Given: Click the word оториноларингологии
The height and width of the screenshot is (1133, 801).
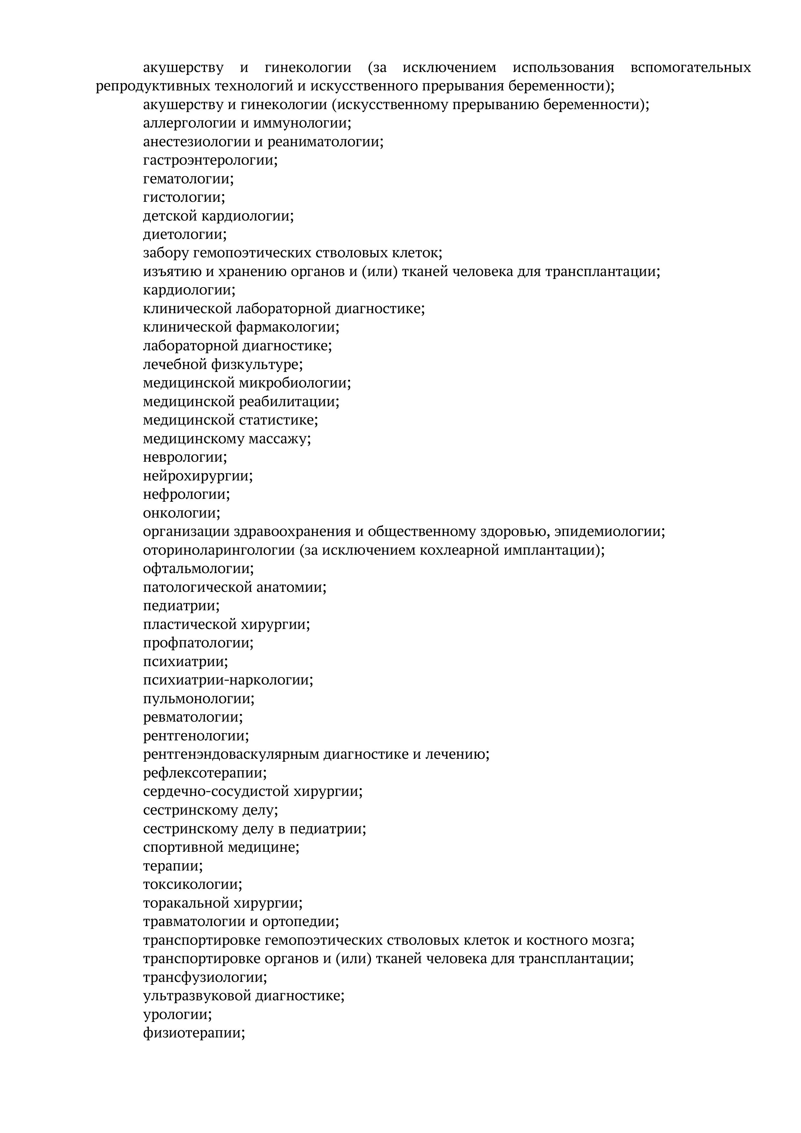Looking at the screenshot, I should (x=219, y=550).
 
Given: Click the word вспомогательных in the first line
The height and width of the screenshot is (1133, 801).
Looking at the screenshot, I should (x=691, y=67).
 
